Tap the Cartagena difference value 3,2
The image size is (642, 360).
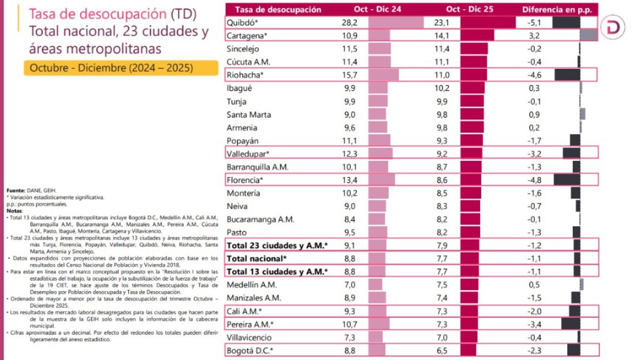pyautogui.click(x=533, y=36)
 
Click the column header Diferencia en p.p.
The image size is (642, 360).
pyautogui.click(x=557, y=10)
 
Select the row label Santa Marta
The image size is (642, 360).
pyautogui.click(x=249, y=115)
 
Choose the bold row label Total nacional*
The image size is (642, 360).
pyautogui.click(x=257, y=258)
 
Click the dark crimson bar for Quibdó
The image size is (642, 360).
pyautogui.click(x=488, y=23)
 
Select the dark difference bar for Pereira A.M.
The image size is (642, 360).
pyautogui.click(x=571, y=324)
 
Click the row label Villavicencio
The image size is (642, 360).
pyautogui.click(x=251, y=337)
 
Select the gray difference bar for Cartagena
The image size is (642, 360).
pyautogui.click(x=588, y=36)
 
